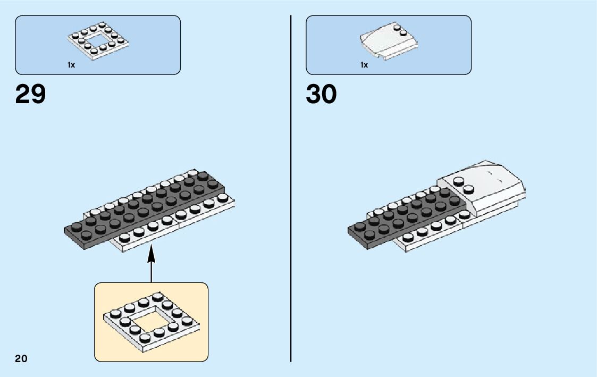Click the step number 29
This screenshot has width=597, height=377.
31,95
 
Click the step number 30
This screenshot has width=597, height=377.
321,95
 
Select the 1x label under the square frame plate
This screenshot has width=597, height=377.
71,65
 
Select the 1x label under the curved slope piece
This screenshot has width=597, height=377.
364,65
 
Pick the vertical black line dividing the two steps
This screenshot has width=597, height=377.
291,186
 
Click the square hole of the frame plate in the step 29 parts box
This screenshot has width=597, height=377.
97,41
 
